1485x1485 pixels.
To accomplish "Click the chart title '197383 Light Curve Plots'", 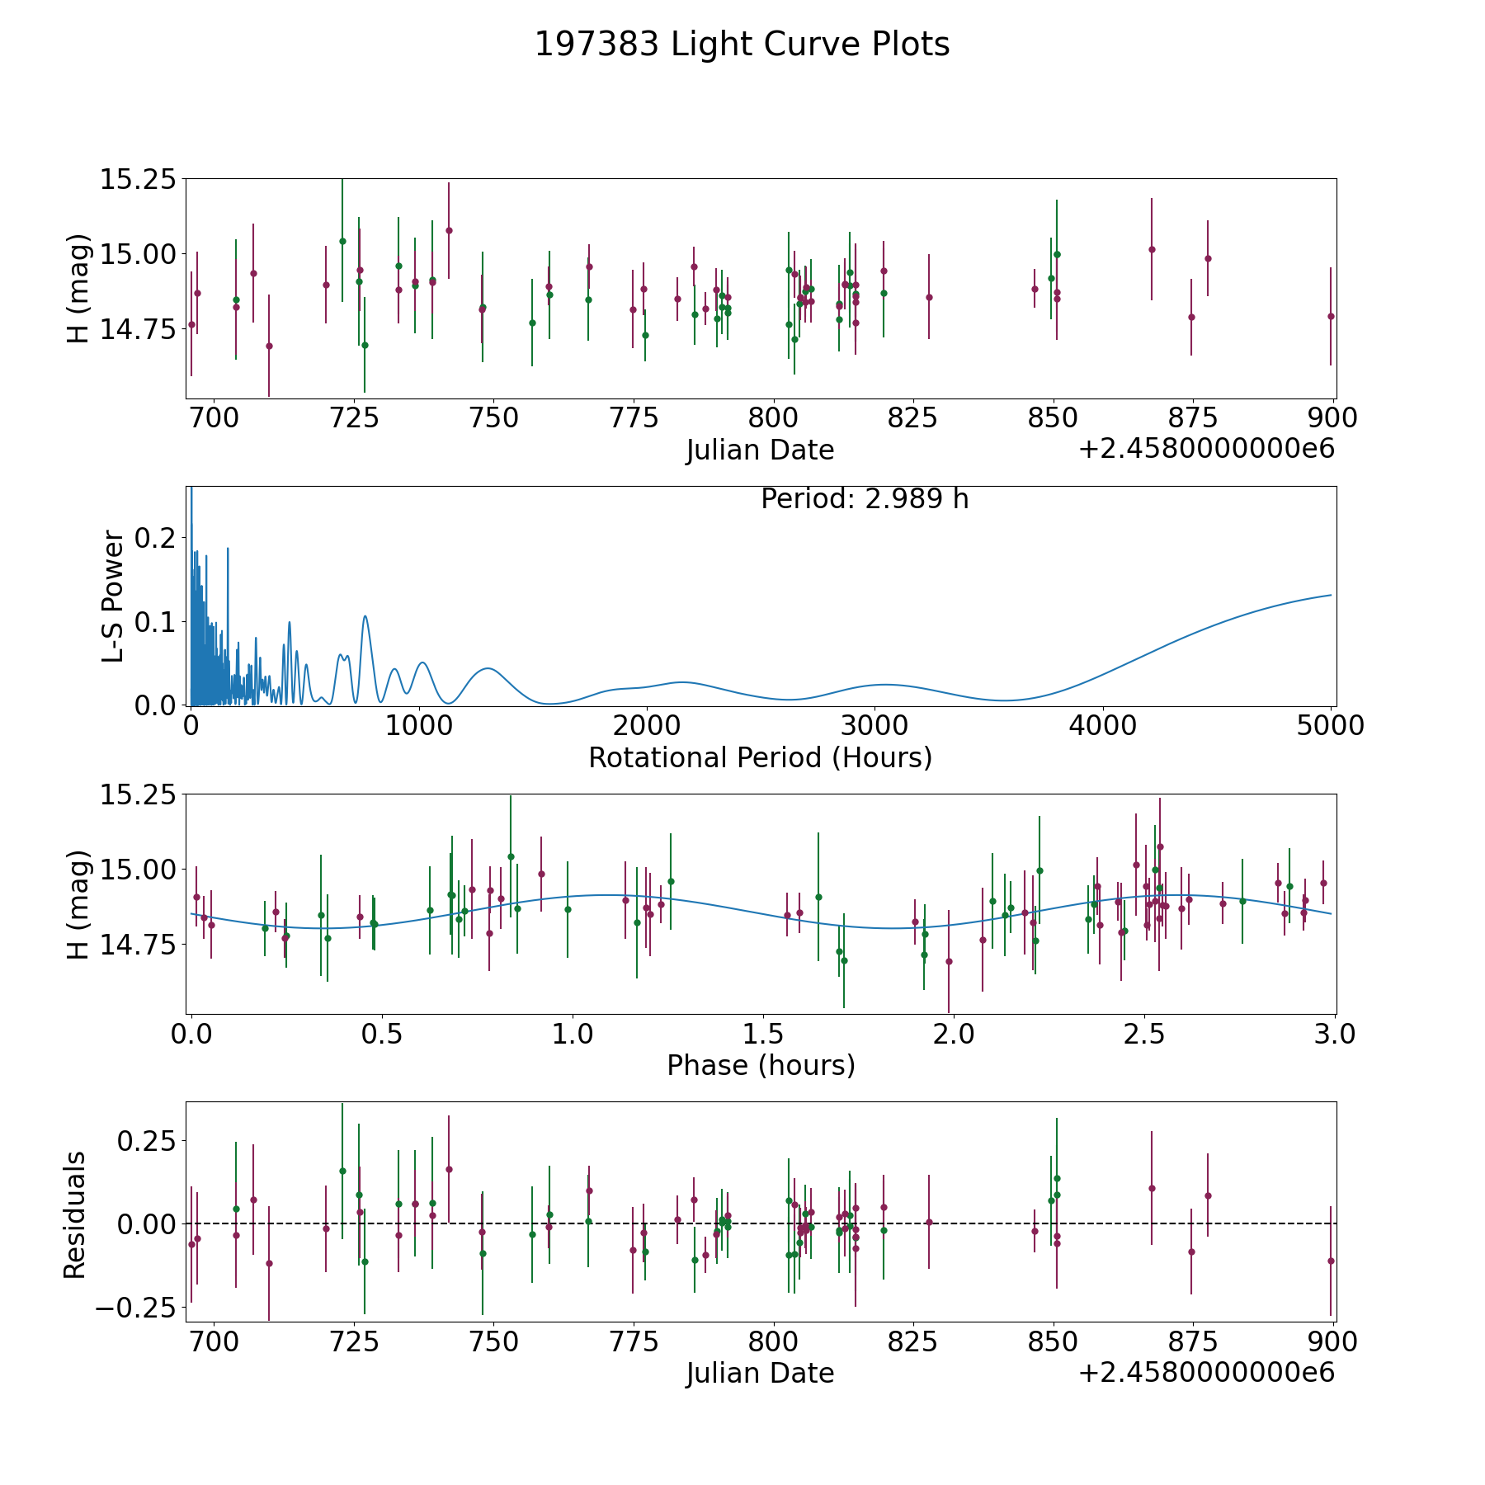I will tap(742, 45).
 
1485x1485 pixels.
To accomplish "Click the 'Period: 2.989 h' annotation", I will tap(864, 499).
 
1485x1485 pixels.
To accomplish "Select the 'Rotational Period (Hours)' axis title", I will tap(760, 757).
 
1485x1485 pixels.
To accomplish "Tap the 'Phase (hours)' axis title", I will tap(760, 1065).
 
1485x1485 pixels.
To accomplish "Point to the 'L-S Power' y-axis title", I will tap(114, 596).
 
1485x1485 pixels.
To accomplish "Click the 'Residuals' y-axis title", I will tap(75, 1214).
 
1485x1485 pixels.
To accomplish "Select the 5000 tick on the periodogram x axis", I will tap(1331, 726).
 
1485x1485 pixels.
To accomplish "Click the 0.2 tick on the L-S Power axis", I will tap(156, 537).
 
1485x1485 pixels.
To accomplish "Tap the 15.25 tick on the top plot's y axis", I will tap(138, 179).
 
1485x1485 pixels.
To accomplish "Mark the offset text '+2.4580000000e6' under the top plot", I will tap(1206, 450).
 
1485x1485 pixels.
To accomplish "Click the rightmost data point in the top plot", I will tap(1331, 316).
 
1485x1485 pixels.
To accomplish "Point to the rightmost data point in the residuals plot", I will tap(1331, 1261).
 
